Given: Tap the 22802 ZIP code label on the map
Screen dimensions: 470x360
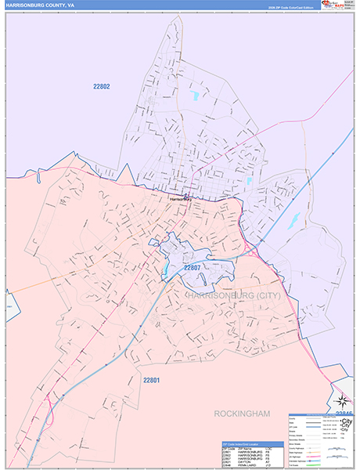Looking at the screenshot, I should click(x=102, y=87).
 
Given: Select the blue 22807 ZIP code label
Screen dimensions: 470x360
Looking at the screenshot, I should click(x=193, y=268).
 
